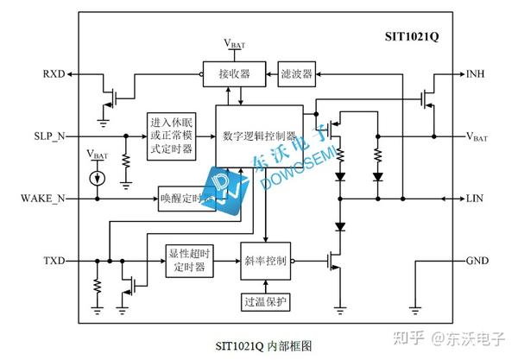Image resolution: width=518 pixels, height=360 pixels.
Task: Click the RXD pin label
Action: pyautogui.click(x=51, y=73)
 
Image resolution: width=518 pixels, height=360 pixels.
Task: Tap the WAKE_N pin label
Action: pyautogui.click(x=42, y=199)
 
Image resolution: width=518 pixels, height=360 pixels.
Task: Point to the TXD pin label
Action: pyautogui.click(x=54, y=260)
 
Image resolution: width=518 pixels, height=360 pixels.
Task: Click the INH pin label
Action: pyautogui.click(x=476, y=73)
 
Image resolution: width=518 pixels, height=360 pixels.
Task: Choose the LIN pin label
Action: pyautogui.click(x=475, y=199)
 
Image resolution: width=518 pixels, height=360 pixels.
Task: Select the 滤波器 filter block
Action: pyautogui.click(x=296, y=73)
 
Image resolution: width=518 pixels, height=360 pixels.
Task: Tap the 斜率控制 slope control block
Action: pyautogui.click(x=268, y=260)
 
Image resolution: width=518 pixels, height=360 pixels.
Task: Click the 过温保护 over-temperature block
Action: pyautogui.click(x=268, y=302)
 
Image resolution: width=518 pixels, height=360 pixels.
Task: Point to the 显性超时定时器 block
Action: pyautogui.click(x=188, y=260)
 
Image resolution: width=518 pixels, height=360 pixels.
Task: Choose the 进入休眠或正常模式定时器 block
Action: pyautogui.click(x=171, y=136)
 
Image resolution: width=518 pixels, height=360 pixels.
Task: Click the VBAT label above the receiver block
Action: pyautogui.click(x=233, y=43)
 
